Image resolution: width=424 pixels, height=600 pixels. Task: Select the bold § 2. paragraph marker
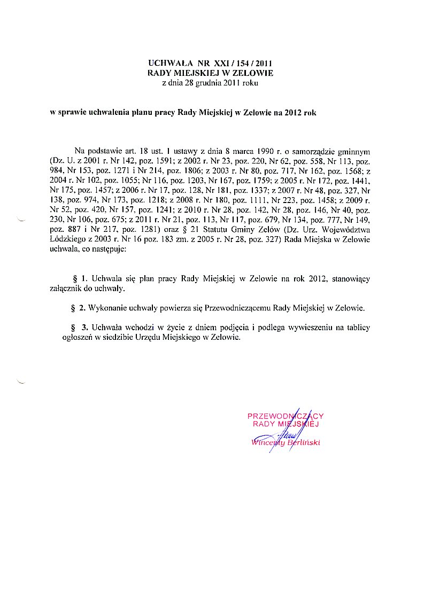[x=79, y=308]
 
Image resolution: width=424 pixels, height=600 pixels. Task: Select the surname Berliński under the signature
[x=303, y=443]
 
